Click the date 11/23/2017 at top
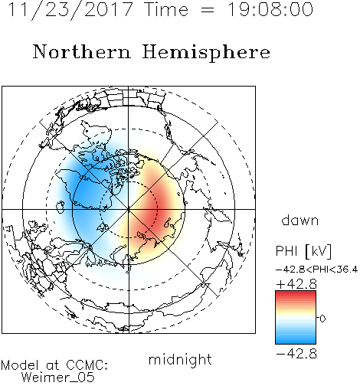pos(70,10)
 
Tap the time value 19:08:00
pos(270,9)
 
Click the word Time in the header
pos(166,9)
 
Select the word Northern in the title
pos(82,51)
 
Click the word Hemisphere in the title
pos(206,53)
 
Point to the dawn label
pos(300,220)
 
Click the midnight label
pos(180,359)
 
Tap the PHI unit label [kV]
pos(319,251)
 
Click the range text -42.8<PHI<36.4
pos(316,270)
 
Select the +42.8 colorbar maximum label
pos(296,284)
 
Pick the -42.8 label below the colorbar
pos(296,354)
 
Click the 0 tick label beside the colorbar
pos(322,319)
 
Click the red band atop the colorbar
pos(296,295)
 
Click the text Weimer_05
pos(58,378)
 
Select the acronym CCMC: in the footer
pos(87,365)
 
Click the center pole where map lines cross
pos(129,209)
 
